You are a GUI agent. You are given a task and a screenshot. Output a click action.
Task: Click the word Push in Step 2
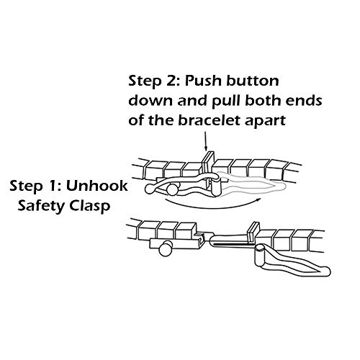click(203, 81)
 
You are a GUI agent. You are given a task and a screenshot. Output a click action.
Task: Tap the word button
click(253, 81)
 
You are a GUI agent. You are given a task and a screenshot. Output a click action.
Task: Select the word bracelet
click(209, 120)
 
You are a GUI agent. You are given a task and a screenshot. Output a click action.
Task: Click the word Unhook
click(97, 186)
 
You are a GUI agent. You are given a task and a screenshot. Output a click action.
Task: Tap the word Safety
click(41, 207)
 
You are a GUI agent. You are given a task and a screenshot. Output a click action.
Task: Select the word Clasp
click(90, 207)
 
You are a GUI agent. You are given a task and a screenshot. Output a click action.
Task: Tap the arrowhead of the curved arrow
click(258, 199)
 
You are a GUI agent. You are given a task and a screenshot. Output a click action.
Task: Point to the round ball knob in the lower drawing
click(166, 248)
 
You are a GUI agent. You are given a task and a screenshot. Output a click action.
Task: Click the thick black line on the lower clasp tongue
click(233, 245)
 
